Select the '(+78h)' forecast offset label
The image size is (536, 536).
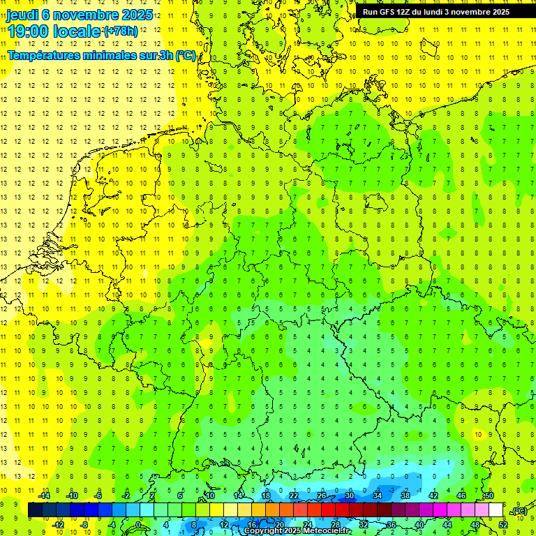tap(120, 31)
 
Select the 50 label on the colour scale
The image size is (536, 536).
tap(489, 496)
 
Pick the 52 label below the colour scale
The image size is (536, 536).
tap(503, 525)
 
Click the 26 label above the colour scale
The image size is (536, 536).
tap(322, 496)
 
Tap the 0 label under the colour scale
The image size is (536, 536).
tap(138, 525)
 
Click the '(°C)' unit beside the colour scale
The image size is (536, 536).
tap(519, 512)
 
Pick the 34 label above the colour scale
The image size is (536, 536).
tap(378, 496)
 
